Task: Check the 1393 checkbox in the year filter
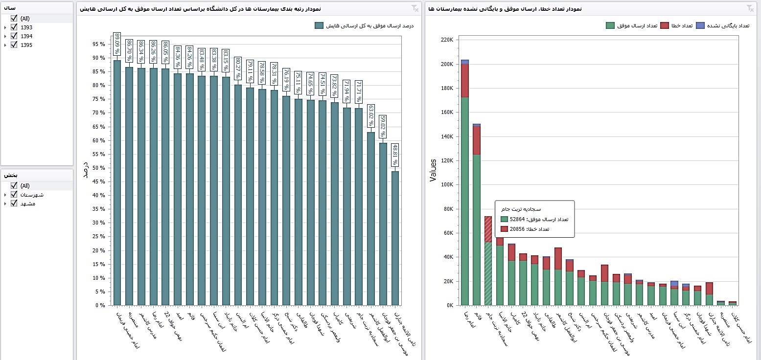coord(14,27)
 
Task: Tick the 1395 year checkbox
coord(14,45)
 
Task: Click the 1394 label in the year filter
coord(26,36)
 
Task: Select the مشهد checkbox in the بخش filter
coord(14,203)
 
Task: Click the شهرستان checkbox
coord(14,195)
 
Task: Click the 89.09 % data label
coord(117,44)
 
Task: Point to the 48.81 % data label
coord(395,155)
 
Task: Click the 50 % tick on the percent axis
coord(98,168)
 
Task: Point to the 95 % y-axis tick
coord(98,44)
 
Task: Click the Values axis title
coord(433,170)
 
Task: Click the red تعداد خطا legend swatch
coord(665,25)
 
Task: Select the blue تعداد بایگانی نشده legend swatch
coord(700,25)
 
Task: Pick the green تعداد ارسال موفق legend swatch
coord(610,25)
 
